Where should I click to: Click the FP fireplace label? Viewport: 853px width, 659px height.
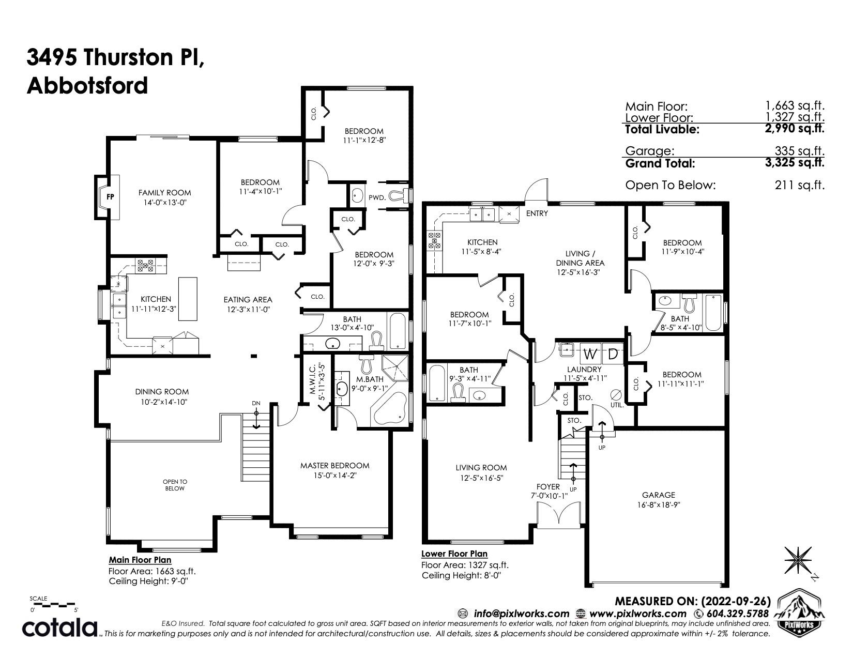(x=110, y=197)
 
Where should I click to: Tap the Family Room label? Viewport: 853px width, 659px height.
(x=164, y=193)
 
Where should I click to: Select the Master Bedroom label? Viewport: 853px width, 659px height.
(x=335, y=466)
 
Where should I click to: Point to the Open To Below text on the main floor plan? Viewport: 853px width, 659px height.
(x=175, y=485)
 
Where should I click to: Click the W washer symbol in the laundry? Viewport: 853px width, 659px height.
(x=589, y=355)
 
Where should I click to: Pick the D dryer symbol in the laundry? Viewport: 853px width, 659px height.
(x=613, y=355)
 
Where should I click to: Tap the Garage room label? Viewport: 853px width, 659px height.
(x=659, y=495)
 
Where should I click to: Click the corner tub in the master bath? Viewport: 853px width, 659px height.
(x=389, y=408)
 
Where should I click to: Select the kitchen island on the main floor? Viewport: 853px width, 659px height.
(x=188, y=299)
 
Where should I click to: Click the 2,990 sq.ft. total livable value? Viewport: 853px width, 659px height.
(x=795, y=128)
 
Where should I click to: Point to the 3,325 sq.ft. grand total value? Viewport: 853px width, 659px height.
(x=795, y=162)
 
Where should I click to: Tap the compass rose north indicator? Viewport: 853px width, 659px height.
(x=798, y=560)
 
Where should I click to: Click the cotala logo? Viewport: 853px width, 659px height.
(x=59, y=629)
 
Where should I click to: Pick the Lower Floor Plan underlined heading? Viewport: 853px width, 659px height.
(x=454, y=554)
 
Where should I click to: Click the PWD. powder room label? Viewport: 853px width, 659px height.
(x=377, y=198)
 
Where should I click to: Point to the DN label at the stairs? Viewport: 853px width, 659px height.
(x=256, y=404)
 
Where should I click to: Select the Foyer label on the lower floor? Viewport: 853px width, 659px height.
(x=548, y=487)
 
